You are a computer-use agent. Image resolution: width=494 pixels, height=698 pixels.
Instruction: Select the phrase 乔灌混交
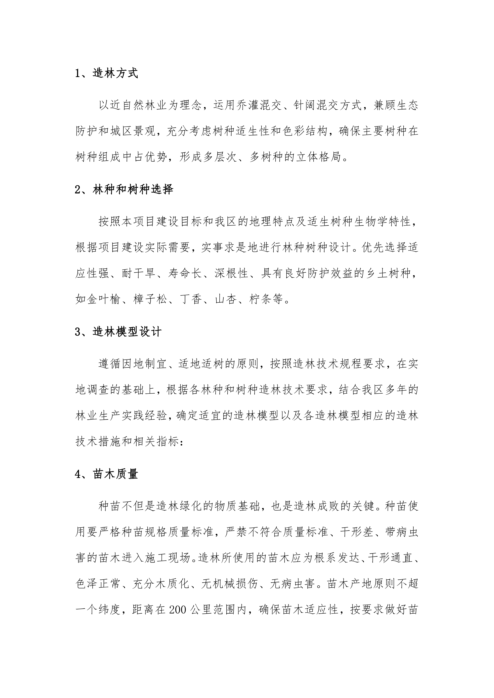[x=259, y=105]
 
